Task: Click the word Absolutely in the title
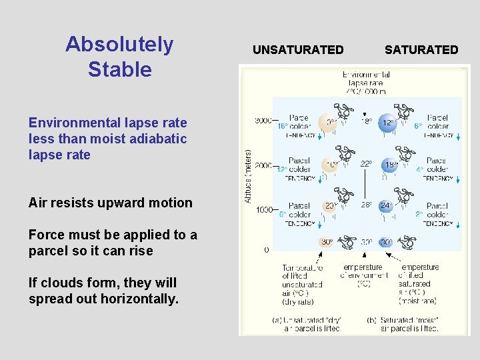tap(119, 45)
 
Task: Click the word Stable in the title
tap(119, 69)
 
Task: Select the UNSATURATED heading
tap(298, 50)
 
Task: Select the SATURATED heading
tap(421, 50)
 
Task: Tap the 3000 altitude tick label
tap(263, 121)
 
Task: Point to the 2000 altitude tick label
tap(263, 165)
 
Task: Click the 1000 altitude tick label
tap(263, 209)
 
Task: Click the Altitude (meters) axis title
tap(248, 176)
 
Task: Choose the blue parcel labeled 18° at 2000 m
tap(389, 165)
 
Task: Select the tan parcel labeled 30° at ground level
tap(326, 242)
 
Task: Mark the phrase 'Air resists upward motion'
tap(110, 203)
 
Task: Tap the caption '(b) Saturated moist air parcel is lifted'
tap(407, 323)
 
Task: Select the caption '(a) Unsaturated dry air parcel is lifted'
tap(306, 323)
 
